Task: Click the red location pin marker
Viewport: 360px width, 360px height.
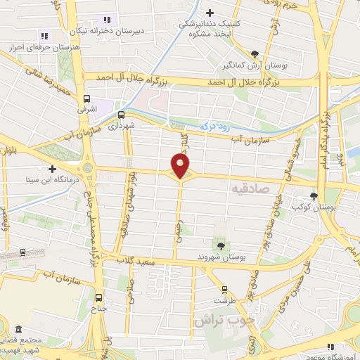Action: coord(181,166)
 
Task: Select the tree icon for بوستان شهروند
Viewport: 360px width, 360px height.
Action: coord(221,245)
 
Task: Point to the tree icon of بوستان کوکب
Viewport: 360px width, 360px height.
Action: coord(314,197)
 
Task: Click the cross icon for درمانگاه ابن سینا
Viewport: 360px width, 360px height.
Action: coord(53,169)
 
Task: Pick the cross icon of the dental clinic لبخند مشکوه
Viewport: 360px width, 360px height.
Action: coord(210,12)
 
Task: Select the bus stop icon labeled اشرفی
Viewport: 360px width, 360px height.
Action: coord(86,99)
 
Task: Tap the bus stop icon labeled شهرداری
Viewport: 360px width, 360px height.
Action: coord(121,115)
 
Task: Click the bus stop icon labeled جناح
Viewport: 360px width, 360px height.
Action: coord(99,297)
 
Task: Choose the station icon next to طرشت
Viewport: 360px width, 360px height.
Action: coord(224,289)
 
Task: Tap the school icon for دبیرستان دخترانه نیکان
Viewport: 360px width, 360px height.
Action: coord(106,20)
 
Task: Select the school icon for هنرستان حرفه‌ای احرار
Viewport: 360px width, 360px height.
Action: coord(44,36)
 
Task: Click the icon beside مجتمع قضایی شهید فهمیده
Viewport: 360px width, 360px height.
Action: coord(18,329)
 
